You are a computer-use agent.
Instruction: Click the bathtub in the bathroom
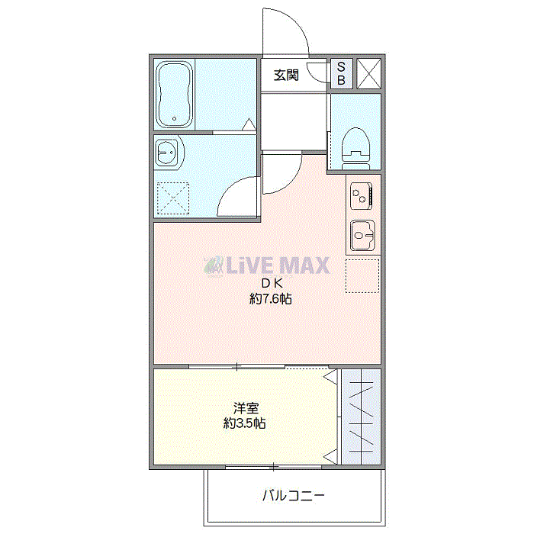click(x=175, y=95)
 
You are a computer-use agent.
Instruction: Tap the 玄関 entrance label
click(x=286, y=75)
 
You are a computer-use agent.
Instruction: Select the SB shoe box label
click(x=341, y=73)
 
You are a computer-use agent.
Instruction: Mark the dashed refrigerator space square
click(x=362, y=276)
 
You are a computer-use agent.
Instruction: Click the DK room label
click(x=272, y=283)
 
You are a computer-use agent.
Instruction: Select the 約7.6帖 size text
click(x=271, y=299)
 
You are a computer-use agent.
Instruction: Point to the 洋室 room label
click(x=245, y=407)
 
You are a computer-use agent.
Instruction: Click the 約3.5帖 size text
click(x=245, y=423)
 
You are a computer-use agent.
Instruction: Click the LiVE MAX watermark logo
click(x=267, y=265)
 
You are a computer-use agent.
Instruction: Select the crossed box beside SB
click(x=368, y=73)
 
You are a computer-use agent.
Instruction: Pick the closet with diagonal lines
click(x=359, y=417)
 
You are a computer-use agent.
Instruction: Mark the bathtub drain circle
click(x=175, y=118)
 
